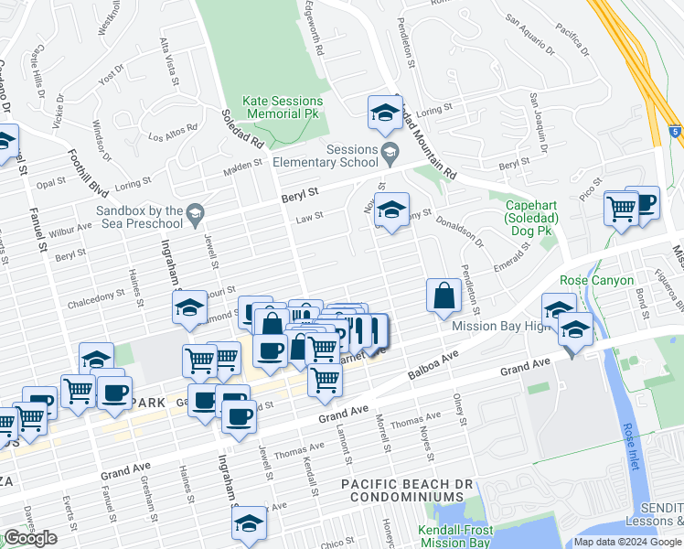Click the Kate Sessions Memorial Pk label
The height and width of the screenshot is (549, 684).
click(283, 107)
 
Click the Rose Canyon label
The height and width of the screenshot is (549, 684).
click(596, 280)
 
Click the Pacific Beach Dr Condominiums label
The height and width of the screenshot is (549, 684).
click(402, 490)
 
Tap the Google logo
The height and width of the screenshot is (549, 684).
click(30, 538)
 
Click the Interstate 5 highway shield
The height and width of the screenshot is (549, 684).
click(674, 132)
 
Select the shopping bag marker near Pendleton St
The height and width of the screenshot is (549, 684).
click(444, 296)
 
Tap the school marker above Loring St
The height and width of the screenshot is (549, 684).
click(385, 113)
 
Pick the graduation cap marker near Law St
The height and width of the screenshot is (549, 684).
click(391, 210)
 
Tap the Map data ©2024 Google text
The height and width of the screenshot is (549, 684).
click(626, 542)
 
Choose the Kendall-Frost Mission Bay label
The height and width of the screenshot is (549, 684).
click(455, 536)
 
